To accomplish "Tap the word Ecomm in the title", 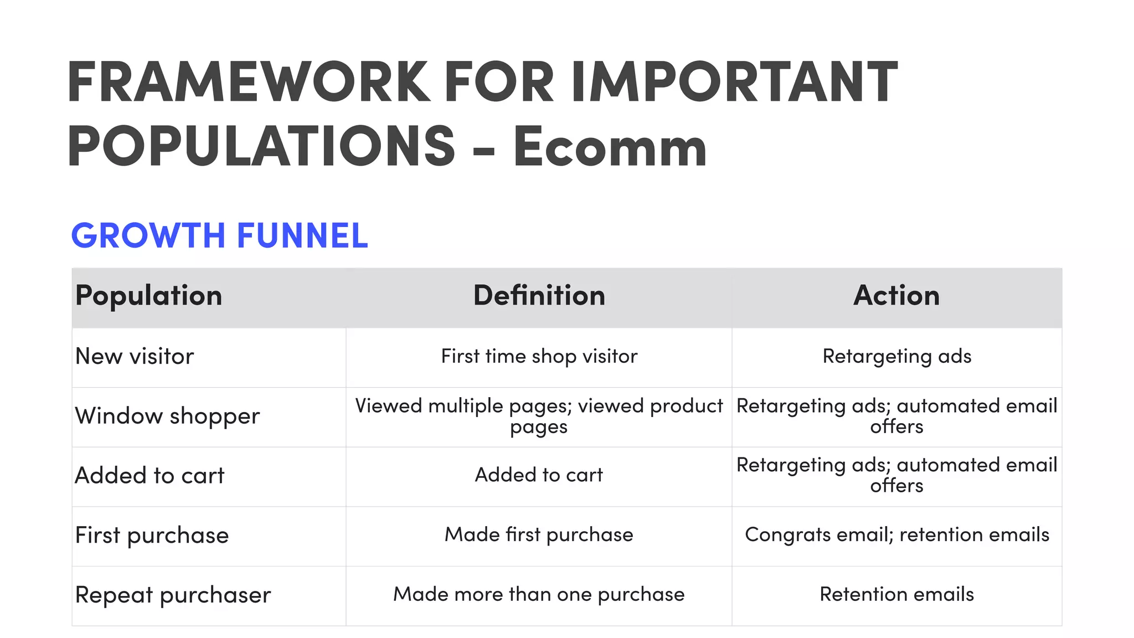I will click(x=610, y=147).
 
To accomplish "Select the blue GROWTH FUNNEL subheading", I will click(x=220, y=235).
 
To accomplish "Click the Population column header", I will click(x=148, y=295).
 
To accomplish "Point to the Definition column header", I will click(x=539, y=295).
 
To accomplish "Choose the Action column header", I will click(x=896, y=295).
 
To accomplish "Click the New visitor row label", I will click(x=135, y=356).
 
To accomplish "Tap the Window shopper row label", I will click(x=167, y=416).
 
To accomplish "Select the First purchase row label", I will click(x=152, y=536).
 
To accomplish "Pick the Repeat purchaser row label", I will click(x=173, y=595).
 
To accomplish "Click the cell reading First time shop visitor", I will click(x=539, y=356).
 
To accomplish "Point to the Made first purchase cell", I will click(x=539, y=535).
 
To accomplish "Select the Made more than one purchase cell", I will click(x=539, y=594).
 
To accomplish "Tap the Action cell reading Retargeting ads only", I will click(x=896, y=356).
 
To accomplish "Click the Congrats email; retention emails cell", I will click(x=896, y=535).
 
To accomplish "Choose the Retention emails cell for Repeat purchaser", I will click(x=896, y=594).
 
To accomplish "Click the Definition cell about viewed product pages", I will click(x=539, y=416).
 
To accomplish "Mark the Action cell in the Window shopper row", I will click(x=896, y=416).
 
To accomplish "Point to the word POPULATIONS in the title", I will click(x=261, y=147).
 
